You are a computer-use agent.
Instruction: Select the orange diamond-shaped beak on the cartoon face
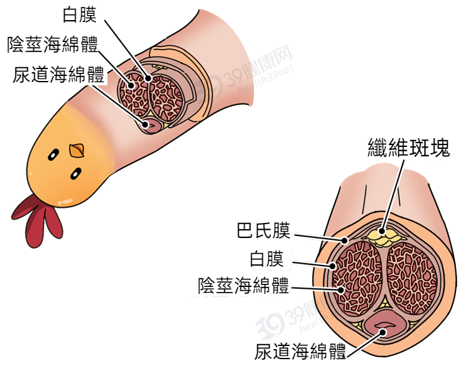(77, 151)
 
